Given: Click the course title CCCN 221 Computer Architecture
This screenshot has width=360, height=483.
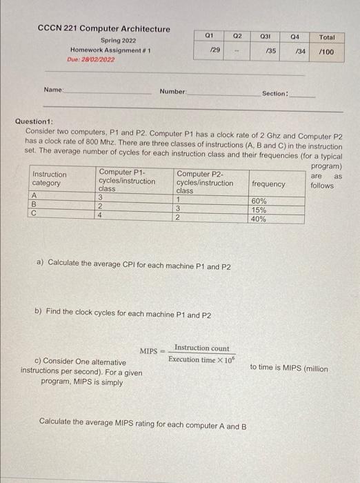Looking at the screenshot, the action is [x=103, y=29].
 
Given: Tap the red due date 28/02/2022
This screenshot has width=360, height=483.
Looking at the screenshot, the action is [x=92, y=60].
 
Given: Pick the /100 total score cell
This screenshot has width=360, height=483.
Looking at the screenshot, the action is [x=327, y=52].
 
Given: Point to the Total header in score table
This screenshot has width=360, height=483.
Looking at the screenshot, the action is [x=327, y=37].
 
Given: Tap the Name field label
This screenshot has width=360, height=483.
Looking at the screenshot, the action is [x=52, y=90].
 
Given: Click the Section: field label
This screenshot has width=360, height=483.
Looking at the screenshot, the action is [x=275, y=93].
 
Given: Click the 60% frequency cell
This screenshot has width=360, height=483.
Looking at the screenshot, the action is [x=260, y=201].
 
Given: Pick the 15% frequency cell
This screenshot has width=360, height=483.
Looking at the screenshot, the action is [x=260, y=210].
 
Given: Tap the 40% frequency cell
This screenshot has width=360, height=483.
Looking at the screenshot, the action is [x=260, y=219].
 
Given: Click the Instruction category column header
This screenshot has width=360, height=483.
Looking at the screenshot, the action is [x=50, y=179].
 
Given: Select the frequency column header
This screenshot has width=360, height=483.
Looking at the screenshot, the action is [x=268, y=184].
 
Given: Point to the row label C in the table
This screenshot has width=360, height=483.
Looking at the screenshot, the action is [x=35, y=214].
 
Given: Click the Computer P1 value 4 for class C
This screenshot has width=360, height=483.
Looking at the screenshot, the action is [x=101, y=215].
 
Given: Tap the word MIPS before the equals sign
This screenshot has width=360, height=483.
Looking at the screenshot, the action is [x=149, y=351].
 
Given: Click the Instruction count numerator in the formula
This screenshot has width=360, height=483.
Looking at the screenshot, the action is [x=201, y=348].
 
